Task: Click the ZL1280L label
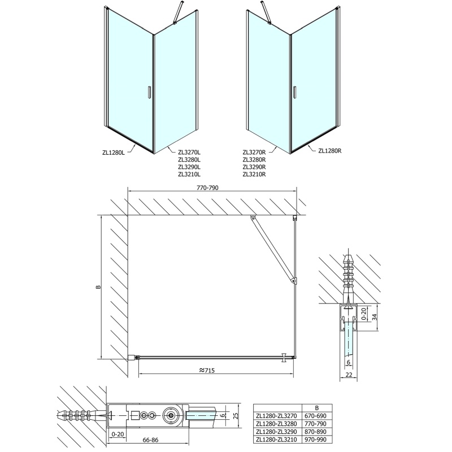[114, 153]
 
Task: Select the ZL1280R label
[330, 150]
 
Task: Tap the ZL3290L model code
[189, 167]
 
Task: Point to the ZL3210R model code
[254, 174]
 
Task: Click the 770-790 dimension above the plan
[207, 188]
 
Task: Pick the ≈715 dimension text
[207, 371]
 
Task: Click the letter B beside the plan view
[98, 287]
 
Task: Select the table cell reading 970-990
[316, 440]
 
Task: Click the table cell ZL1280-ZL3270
[276, 416]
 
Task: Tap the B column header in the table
[317, 408]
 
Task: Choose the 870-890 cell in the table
[316, 432]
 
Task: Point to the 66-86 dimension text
[151, 440]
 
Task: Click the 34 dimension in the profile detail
[374, 317]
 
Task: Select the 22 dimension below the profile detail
[349, 375]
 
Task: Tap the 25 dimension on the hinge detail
[236, 415]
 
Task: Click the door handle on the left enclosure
[149, 93]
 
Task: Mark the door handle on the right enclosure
[294, 93]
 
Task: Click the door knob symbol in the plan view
[285, 358]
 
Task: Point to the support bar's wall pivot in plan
[253, 218]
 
